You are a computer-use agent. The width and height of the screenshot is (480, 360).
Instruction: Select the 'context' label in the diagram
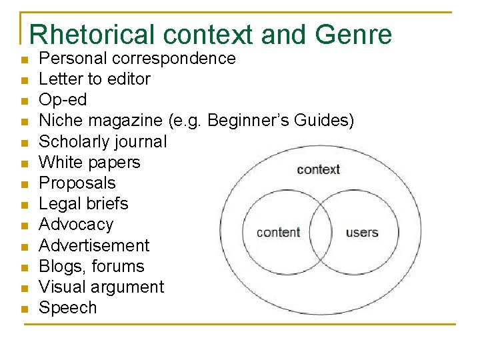point(319,169)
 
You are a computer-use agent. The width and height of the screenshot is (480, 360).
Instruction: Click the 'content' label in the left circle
point(279,232)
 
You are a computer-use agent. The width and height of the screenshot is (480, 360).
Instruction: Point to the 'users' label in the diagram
point(362,232)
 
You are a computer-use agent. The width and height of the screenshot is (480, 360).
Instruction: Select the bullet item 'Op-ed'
point(63,100)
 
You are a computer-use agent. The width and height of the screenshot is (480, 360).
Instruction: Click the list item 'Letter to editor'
point(95,79)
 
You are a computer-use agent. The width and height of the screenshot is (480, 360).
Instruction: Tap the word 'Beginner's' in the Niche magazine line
point(249,121)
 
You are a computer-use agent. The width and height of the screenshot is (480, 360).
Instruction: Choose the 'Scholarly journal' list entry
point(103,141)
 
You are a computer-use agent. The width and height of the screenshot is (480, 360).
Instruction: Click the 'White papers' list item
point(89,162)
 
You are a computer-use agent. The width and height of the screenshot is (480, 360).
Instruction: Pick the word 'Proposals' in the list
point(77,183)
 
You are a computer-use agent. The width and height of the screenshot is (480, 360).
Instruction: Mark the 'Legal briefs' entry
point(83,203)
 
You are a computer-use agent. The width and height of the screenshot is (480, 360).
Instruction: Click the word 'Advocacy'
point(76,225)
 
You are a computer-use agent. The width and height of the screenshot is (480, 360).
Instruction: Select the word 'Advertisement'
point(94,245)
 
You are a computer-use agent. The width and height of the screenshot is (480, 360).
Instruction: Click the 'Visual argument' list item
point(101,287)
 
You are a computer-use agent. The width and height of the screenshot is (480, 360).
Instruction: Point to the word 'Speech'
point(68,308)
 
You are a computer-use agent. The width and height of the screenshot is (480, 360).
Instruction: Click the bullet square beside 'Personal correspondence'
point(24,60)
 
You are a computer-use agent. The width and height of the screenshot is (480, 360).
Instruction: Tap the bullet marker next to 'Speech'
point(24,309)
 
